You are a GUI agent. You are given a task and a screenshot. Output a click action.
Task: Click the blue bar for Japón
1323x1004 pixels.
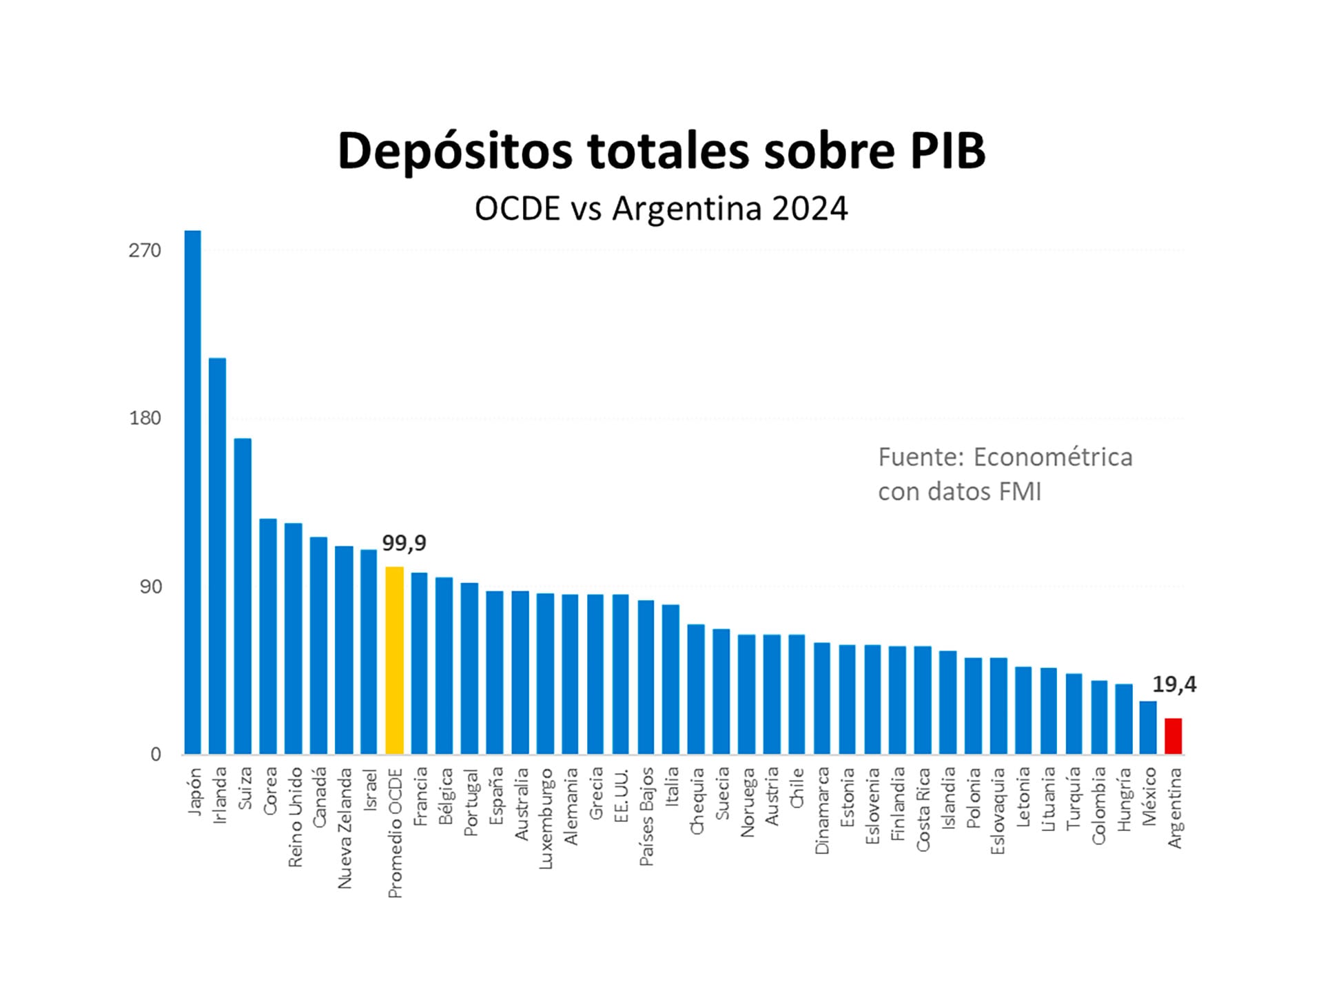click(192, 492)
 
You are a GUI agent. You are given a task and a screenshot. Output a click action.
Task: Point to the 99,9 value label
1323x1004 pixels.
click(404, 543)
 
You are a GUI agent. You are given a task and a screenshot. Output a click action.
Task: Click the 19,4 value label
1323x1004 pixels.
click(1174, 684)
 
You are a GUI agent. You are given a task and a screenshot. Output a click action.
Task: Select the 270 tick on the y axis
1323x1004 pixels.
click(144, 250)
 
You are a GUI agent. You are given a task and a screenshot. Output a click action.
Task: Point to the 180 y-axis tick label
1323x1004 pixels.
click(144, 418)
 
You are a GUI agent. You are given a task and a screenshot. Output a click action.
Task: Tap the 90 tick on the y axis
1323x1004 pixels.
click(150, 586)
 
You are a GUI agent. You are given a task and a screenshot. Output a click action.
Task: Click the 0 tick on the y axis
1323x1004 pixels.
click(156, 754)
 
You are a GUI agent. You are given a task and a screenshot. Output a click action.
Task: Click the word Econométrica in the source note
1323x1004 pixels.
click(1052, 457)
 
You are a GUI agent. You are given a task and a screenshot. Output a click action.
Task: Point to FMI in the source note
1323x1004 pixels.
click(1022, 491)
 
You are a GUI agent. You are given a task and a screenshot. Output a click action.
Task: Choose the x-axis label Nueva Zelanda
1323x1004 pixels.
click(345, 828)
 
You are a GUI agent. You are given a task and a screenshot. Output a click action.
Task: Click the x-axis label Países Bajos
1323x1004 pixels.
click(646, 817)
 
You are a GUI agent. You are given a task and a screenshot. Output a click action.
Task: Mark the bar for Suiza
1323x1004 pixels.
click(243, 596)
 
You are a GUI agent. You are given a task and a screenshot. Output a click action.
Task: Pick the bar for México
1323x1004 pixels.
click(1148, 727)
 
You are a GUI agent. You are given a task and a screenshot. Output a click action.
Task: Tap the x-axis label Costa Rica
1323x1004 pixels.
click(923, 809)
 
